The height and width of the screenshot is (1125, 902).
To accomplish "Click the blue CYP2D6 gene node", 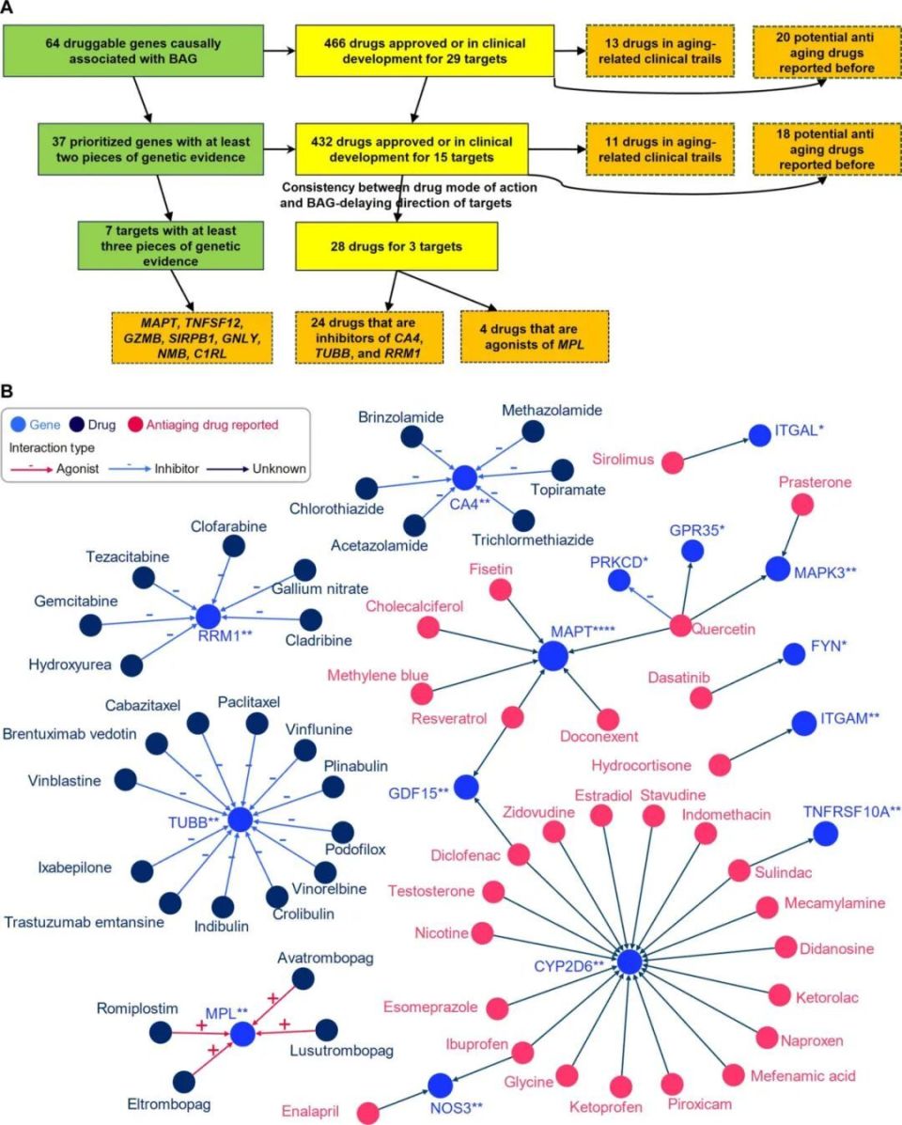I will click(x=630, y=961).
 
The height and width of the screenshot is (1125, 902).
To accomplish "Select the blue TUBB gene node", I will click(x=241, y=820).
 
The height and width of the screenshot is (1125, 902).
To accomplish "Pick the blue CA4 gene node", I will click(x=463, y=477).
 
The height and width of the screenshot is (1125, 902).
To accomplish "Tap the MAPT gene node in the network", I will click(x=555, y=655).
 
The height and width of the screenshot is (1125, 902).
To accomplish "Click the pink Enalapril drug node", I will click(x=368, y=1112).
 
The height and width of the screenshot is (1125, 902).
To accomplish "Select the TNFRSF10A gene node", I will click(x=826, y=833).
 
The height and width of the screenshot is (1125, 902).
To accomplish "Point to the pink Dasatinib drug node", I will click(x=701, y=696).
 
